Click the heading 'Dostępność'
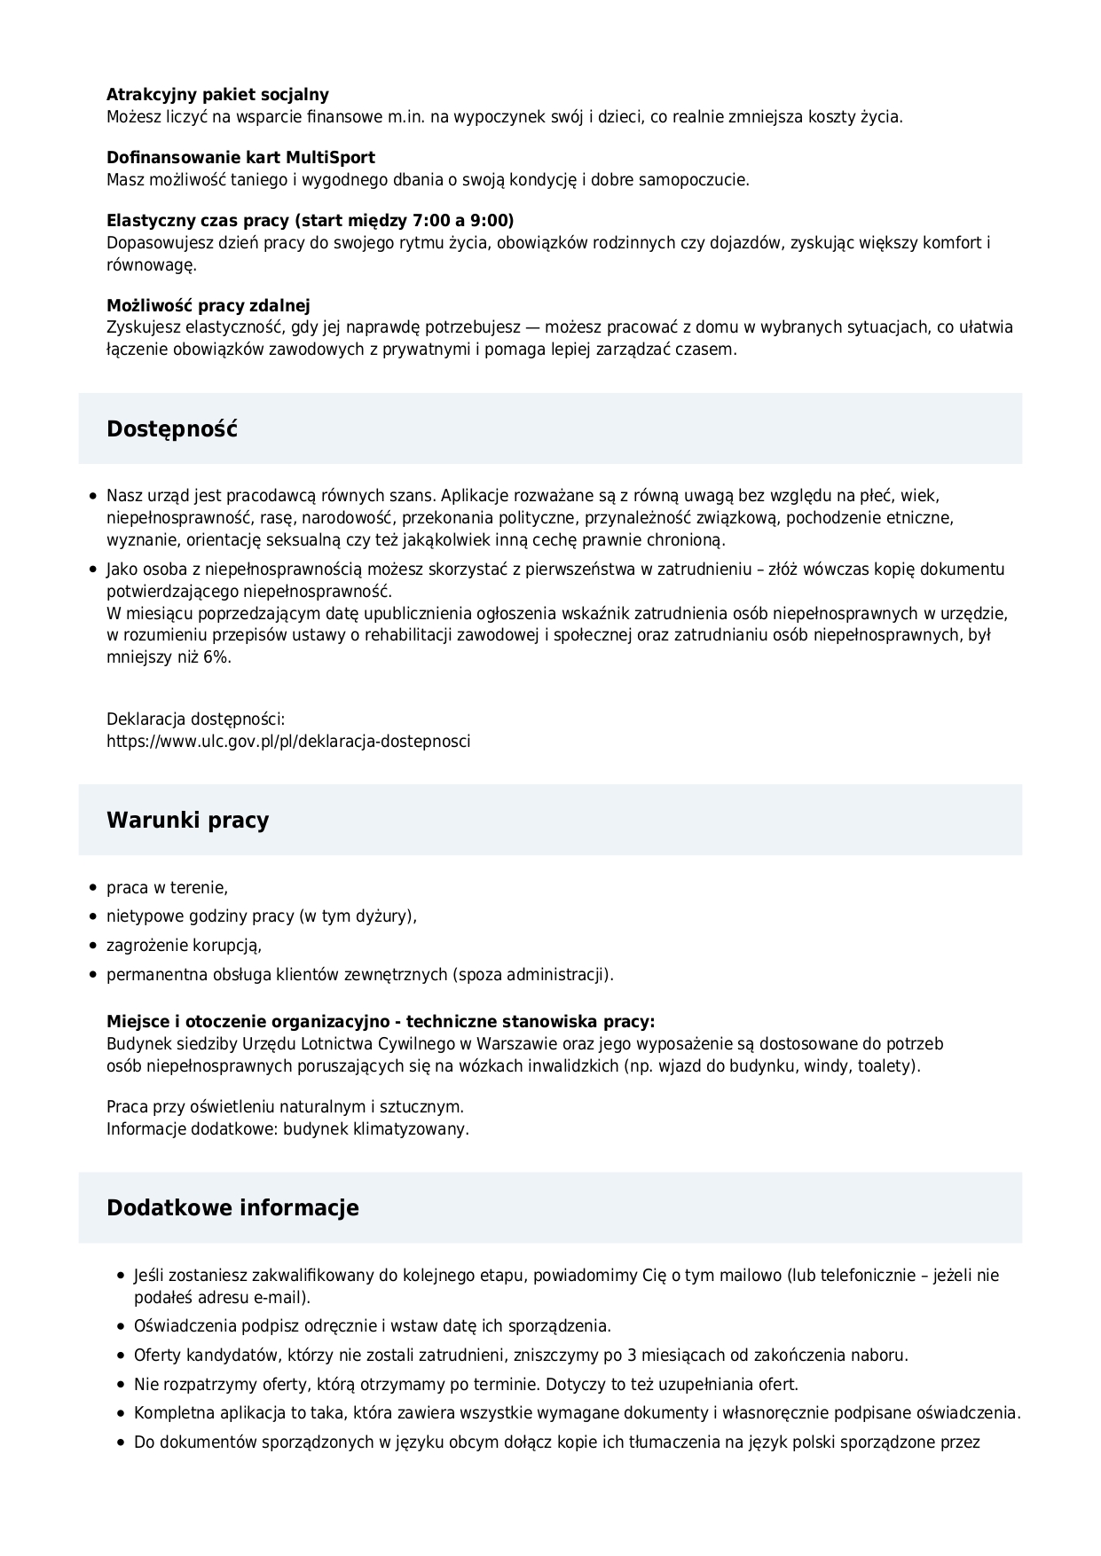click(172, 429)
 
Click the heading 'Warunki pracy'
click(187, 820)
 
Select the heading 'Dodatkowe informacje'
click(232, 1207)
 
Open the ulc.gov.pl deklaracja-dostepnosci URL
click(288, 741)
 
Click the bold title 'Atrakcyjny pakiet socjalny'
click(217, 95)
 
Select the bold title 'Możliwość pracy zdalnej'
click(208, 306)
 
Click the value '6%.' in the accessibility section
click(216, 657)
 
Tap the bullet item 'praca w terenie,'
click(167, 887)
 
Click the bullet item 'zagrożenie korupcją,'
click(184, 946)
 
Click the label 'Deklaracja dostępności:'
click(195, 719)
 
